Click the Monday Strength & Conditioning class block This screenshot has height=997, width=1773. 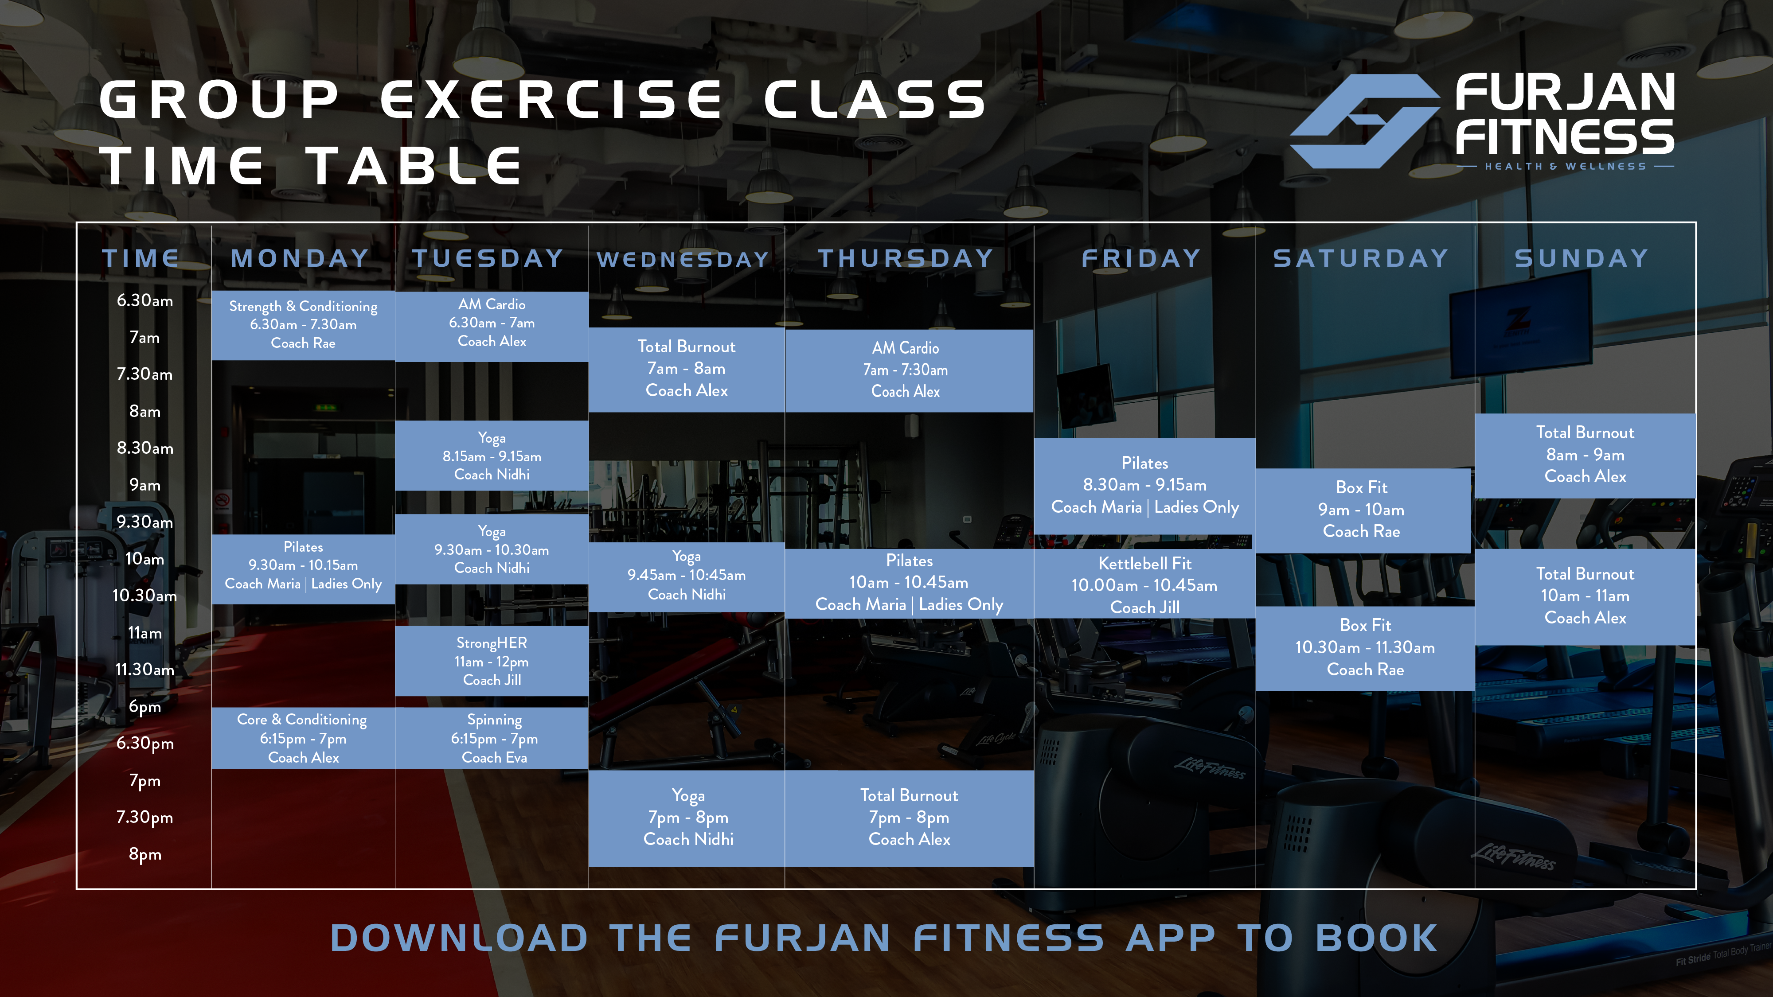[303, 325]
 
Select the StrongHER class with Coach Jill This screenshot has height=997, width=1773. [492, 661]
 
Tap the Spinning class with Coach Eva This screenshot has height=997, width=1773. [492, 738]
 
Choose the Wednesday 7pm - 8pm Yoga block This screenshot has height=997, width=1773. [687, 818]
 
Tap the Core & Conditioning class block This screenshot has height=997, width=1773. [303, 738]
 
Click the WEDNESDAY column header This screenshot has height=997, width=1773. [683, 259]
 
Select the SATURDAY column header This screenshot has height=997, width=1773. [1361, 258]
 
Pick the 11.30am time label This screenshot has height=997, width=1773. [144, 670]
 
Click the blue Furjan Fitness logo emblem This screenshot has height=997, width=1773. [1365, 121]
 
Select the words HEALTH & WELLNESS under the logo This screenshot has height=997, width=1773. [1565, 167]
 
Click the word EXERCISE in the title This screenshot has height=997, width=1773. [551, 99]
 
